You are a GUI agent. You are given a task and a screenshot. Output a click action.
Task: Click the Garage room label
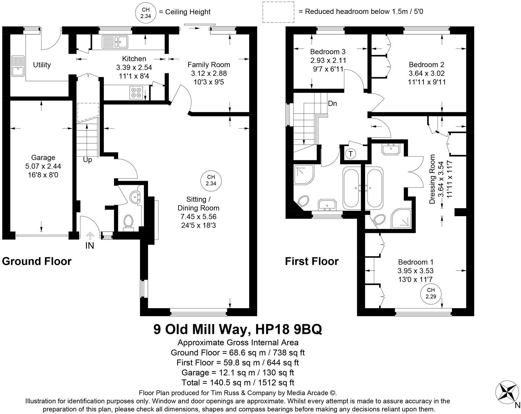tap(43, 158)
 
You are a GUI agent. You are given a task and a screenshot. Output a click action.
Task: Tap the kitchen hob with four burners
tap(136, 92)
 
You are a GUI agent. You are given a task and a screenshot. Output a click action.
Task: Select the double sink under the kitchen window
tap(115, 41)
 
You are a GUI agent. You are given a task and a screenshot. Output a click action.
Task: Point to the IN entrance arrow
tap(90, 236)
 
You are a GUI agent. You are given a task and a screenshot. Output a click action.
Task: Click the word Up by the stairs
tap(87, 160)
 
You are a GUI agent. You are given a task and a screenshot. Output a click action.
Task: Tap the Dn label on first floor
tap(332, 103)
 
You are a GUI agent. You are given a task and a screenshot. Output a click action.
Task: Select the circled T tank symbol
tap(351, 154)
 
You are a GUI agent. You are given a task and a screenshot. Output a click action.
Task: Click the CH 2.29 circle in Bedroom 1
tap(431, 293)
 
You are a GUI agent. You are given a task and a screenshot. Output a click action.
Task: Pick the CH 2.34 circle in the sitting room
tap(211, 180)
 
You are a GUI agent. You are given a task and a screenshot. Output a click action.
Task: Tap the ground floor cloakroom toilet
tap(128, 222)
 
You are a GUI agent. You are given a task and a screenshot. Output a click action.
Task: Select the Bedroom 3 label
tap(328, 52)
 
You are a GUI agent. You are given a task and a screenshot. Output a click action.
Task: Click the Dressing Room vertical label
tap(432, 179)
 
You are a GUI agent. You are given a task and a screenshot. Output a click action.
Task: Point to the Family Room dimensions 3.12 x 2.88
tap(209, 73)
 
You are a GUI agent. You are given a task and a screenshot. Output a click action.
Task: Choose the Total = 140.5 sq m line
tap(238, 382)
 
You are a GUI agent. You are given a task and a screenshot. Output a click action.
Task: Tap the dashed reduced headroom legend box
tap(278, 12)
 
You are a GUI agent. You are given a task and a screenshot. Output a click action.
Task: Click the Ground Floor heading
tap(37, 261)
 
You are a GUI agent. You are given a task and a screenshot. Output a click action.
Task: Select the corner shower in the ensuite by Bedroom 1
tap(401, 219)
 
